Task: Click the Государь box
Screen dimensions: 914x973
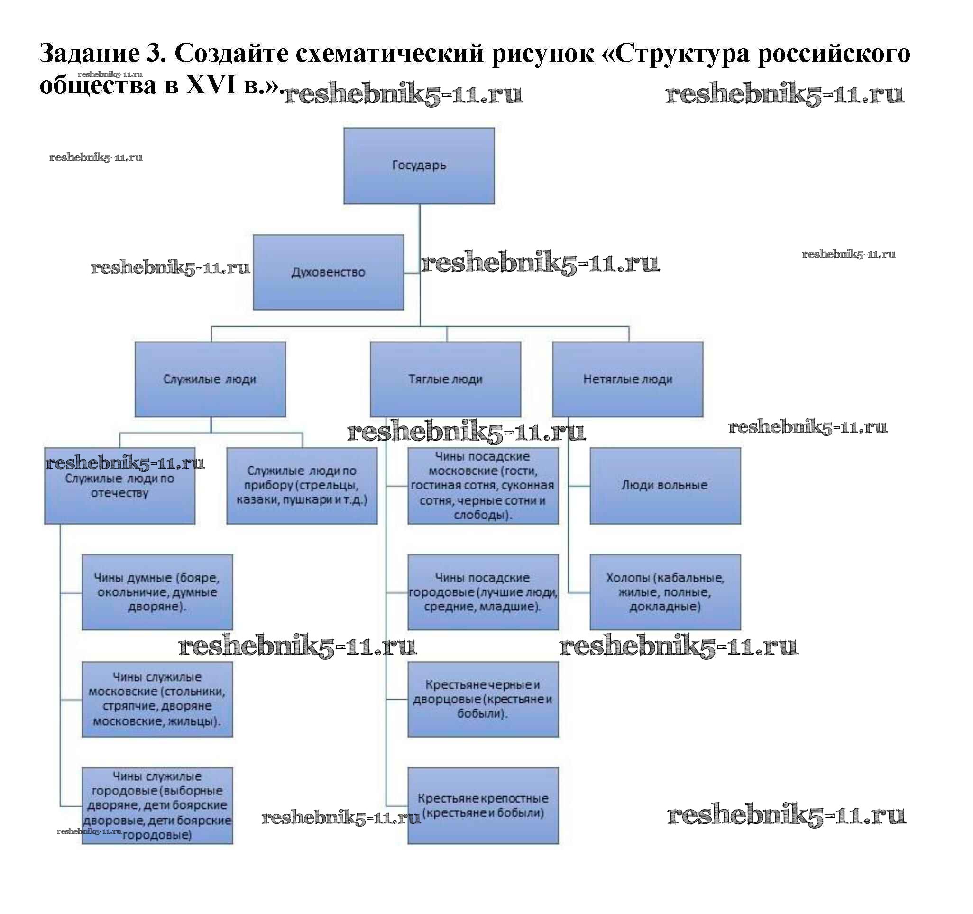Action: pyautogui.click(x=419, y=166)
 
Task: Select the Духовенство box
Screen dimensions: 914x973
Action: pyautogui.click(x=328, y=272)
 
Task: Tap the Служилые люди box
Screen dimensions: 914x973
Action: pyautogui.click(x=210, y=379)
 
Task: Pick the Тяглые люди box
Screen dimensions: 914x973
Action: pyautogui.click(x=445, y=379)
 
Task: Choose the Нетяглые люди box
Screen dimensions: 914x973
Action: pyautogui.click(x=627, y=379)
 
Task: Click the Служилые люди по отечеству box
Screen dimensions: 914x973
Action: pyautogui.click(x=119, y=494)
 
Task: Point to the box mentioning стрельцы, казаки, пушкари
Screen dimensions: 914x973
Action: pyautogui.click(x=302, y=485)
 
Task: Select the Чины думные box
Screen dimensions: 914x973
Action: pyautogui.click(x=156, y=592)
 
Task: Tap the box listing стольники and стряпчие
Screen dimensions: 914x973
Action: pyautogui.click(x=156, y=699)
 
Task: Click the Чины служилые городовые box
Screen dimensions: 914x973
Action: pyautogui.click(x=156, y=805)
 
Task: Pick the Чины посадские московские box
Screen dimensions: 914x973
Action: pyautogui.click(x=483, y=485)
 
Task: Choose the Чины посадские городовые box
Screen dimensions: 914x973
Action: pyautogui.click(x=483, y=592)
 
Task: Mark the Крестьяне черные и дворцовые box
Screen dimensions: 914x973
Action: pyautogui.click(x=483, y=699)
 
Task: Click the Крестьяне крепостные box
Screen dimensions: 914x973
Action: pyautogui.click(x=483, y=805)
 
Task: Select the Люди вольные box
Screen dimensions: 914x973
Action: pyautogui.click(x=665, y=485)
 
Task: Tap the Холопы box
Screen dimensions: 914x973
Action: pyautogui.click(x=665, y=592)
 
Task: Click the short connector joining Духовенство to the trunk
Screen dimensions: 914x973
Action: pyautogui.click(x=412, y=273)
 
